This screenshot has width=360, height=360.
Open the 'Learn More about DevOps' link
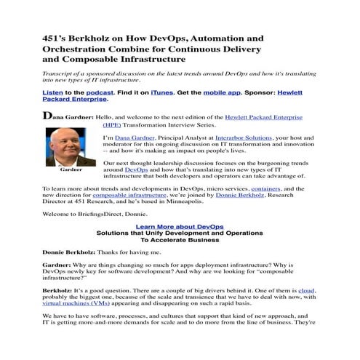click(179, 226)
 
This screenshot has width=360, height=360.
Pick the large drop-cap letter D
click(47, 116)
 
